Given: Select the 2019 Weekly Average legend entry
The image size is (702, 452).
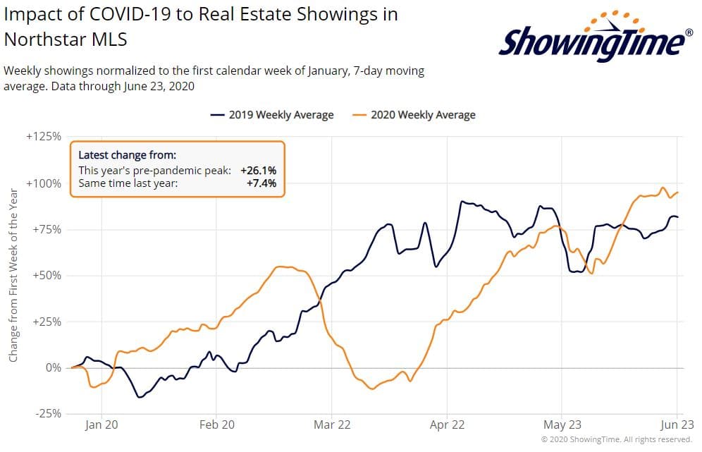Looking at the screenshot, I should pyautogui.click(x=272, y=115).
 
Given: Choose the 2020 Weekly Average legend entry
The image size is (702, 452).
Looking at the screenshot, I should pyautogui.click(x=414, y=115).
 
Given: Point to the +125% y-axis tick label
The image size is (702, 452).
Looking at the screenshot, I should pyautogui.click(x=44, y=136).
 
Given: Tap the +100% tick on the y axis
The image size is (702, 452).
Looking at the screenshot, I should pyautogui.click(x=44, y=183).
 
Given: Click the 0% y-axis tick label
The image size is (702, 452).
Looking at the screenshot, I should pyautogui.click(x=52, y=367).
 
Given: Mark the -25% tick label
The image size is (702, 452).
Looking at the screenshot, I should pyautogui.click(x=47, y=413).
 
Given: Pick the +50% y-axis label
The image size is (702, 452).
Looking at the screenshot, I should pyautogui.click(x=47, y=275).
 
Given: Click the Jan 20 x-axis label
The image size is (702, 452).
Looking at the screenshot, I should pyautogui.click(x=101, y=426).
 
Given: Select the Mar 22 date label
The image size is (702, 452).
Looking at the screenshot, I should pyautogui.click(x=332, y=426).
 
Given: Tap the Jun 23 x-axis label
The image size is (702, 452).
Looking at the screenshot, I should pyautogui.click(x=677, y=426).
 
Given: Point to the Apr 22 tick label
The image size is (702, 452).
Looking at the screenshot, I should pyautogui.click(x=447, y=426).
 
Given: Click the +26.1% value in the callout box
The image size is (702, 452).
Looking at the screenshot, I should pyautogui.click(x=258, y=170).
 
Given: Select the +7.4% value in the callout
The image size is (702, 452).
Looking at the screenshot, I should pyautogui.click(x=262, y=183).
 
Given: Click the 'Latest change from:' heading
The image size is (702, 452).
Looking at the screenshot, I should pyautogui.click(x=127, y=155).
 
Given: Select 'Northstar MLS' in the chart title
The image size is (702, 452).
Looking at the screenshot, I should pyautogui.click(x=66, y=39).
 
